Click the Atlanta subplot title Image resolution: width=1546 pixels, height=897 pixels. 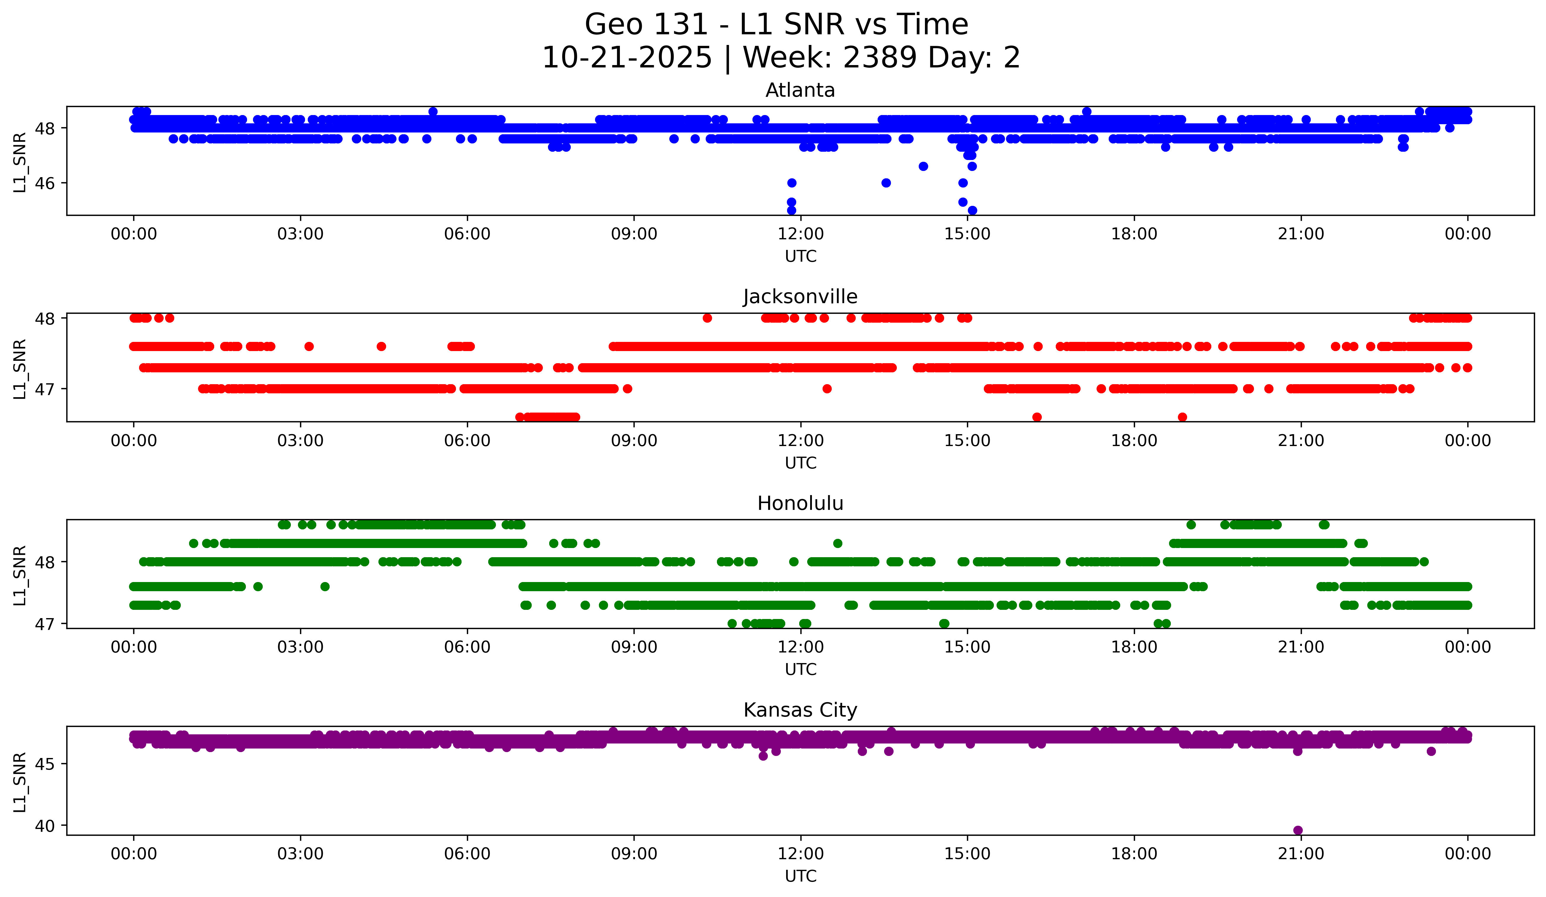pos(800,90)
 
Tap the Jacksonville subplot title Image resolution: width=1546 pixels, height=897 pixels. pos(800,297)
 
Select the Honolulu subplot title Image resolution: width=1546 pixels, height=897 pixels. pos(800,503)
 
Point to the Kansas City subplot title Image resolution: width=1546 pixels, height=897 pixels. pos(800,710)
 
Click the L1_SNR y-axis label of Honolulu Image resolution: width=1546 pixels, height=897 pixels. pos(20,575)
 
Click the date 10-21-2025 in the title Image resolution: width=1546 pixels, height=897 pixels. pos(627,58)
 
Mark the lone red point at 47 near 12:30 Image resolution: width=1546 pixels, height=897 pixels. pos(827,389)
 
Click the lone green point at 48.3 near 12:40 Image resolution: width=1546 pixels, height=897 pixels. pos(837,543)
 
